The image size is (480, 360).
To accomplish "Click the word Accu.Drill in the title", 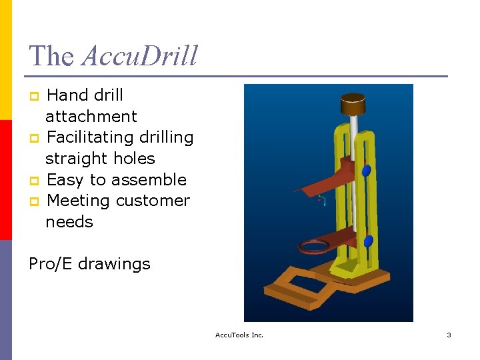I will tap(139, 56).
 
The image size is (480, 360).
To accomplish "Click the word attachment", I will tap(91, 117).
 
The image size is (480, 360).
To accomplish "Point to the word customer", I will tap(155, 201).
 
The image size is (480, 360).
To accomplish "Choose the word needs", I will tap(69, 222).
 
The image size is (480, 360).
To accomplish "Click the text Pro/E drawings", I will tap(89, 264).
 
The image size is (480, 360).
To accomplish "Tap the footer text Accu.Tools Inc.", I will tap(239, 335).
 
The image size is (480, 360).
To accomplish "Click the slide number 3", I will tap(449, 335).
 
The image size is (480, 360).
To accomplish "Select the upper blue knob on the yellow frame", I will tap(366, 171).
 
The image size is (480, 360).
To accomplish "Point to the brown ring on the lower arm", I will tap(313, 247).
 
